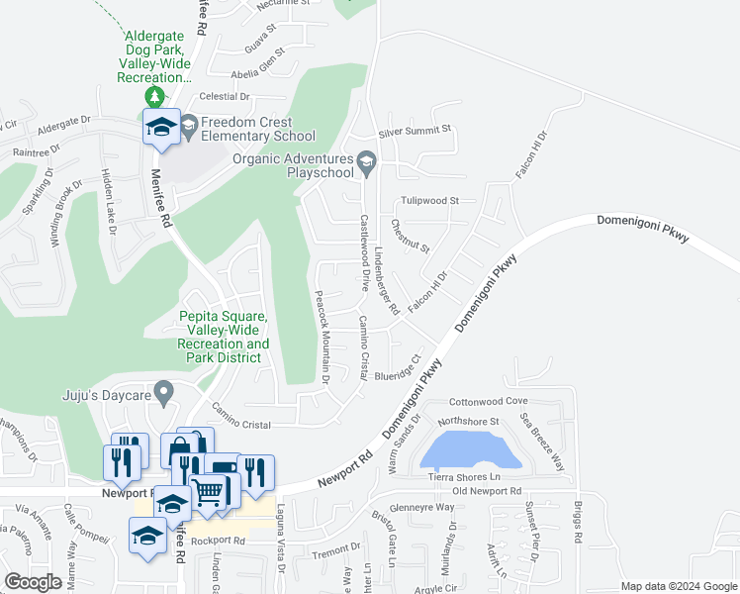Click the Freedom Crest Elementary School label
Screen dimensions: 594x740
coord(257,130)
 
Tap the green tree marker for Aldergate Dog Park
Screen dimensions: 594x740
coord(154,96)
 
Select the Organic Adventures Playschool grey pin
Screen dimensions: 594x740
coord(366,161)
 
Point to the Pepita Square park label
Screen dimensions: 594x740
coord(225,337)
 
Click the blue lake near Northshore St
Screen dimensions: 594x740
coord(471,450)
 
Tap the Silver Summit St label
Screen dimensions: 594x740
coord(415,130)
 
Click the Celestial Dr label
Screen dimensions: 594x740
coord(225,96)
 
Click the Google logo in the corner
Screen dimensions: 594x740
coord(34,582)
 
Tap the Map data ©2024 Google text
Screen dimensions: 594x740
coord(679,586)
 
